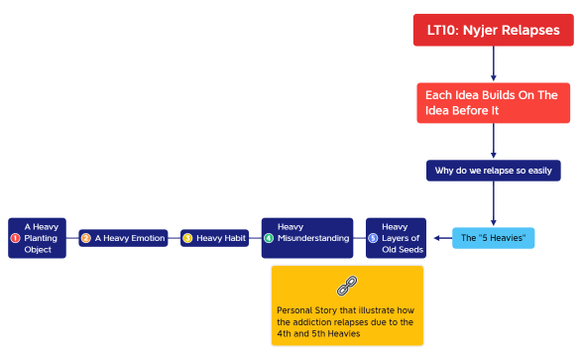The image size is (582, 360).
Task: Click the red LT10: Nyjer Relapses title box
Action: point(493,30)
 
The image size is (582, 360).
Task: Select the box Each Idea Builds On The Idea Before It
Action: point(493,102)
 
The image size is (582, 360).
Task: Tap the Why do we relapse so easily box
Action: point(493,170)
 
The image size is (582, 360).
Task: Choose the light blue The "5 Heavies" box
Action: point(493,238)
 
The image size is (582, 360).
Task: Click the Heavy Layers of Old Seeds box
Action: point(396,238)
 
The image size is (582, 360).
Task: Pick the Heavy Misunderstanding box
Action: point(306,238)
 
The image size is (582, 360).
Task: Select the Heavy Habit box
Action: point(214,238)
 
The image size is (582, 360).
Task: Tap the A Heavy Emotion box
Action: point(123,238)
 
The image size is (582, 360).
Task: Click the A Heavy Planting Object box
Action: point(37,238)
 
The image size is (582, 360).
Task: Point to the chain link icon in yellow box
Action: point(346,287)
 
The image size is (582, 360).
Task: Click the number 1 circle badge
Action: point(15,238)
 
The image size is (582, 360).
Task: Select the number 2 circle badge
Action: point(86,238)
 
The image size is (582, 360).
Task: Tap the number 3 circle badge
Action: point(187,238)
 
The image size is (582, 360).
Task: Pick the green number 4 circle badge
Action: point(269,238)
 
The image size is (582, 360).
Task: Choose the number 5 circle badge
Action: point(373,238)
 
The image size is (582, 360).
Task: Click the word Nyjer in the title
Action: point(482,30)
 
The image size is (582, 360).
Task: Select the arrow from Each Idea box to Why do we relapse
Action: point(493,141)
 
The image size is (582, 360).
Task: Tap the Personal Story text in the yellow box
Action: point(346,321)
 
